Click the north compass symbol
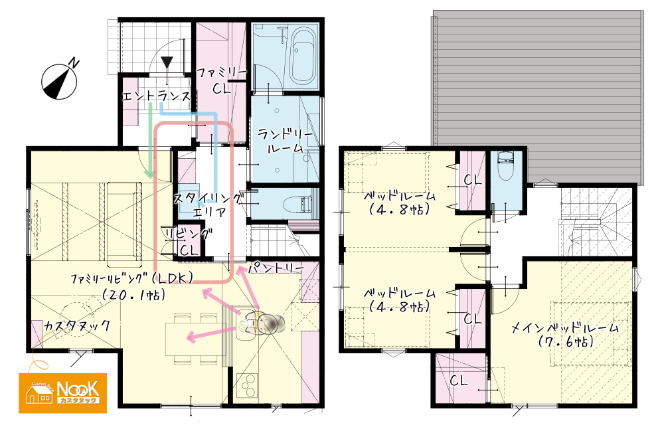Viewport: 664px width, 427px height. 60,80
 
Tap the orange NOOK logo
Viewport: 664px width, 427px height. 62,393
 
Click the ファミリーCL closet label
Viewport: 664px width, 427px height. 221,80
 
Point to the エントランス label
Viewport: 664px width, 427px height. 156,96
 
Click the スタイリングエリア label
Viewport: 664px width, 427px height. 208,205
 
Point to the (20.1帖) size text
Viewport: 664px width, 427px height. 133,294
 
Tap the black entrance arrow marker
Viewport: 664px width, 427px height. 167,62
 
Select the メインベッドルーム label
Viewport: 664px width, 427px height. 565,328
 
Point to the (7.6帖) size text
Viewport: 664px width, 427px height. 565,342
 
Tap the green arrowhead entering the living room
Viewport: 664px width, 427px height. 149,174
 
